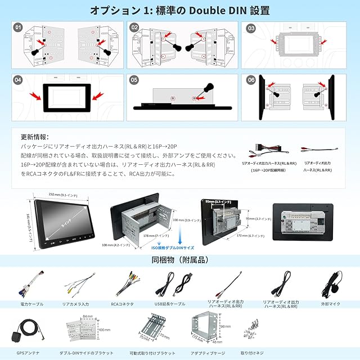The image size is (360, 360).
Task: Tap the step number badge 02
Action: point(134,26)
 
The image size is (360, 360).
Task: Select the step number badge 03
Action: point(250,28)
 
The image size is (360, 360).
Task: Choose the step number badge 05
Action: point(134,80)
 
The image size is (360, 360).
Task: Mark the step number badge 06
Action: point(250,80)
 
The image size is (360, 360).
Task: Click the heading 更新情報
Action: point(35,137)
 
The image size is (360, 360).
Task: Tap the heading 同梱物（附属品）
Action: point(179,260)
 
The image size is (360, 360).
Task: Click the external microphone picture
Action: point(331,283)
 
